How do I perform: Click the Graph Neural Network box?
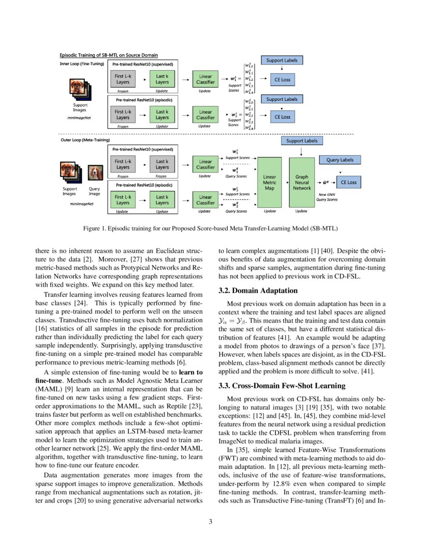pyautogui.click(x=302, y=182)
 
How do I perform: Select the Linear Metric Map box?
pyautogui.click(x=269, y=182)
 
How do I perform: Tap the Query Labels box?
pyautogui.click(x=340, y=160)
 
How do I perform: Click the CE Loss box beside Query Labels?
pyautogui.click(x=348, y=182)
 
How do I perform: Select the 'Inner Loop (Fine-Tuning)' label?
pyautogui.click(x=82, y=64)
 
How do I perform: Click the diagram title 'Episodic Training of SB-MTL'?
pyautogui.click(x=109, y=55)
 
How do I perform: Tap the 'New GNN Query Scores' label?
pyautogui.click(x=327, y=197)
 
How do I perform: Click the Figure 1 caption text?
pyautogui.click(x=210, y=228)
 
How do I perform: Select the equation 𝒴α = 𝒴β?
pyautogui.click(x=232, y=322)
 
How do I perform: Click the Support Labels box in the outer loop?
pyautogui.click(x=302, y=141)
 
